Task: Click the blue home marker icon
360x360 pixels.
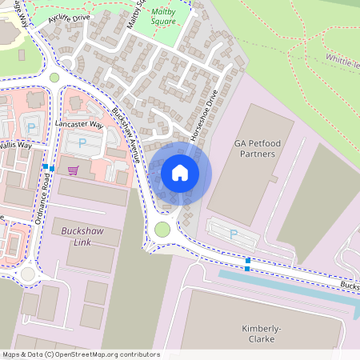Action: coord(180,172)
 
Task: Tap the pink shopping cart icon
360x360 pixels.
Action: coord(73,170)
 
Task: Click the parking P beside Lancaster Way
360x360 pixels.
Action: coord(82,144)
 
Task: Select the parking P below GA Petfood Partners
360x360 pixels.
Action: coord(234,234)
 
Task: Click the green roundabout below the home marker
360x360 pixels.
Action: coord(162,230)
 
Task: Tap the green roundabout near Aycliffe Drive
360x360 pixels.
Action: coord(54,78)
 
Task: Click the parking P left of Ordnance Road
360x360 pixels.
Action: coord(31,127)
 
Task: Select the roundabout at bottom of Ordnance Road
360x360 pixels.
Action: coord(28,274)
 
